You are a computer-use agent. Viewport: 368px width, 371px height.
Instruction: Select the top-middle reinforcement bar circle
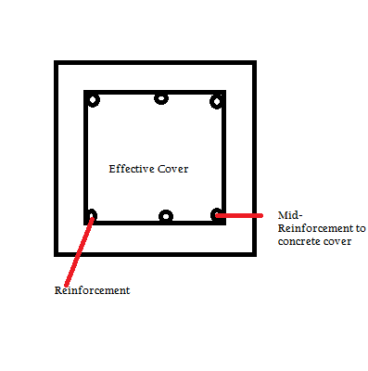click(x=161, y=97)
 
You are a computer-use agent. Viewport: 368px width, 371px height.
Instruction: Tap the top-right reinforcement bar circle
click(x=217, y=100)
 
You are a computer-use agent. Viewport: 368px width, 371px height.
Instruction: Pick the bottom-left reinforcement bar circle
click(x=91, y=216)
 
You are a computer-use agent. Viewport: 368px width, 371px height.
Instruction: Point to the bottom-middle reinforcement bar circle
click(x=165, y=216)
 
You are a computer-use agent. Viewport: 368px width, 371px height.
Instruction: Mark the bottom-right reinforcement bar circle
click(x=217, y=215)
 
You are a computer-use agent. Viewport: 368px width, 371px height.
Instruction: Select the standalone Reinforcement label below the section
click(x=92, y=290)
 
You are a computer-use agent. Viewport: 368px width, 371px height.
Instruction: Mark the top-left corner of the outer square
click(x=57, y=64)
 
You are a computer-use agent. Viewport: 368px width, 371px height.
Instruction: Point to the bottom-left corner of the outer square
click(x=57, y=253)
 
